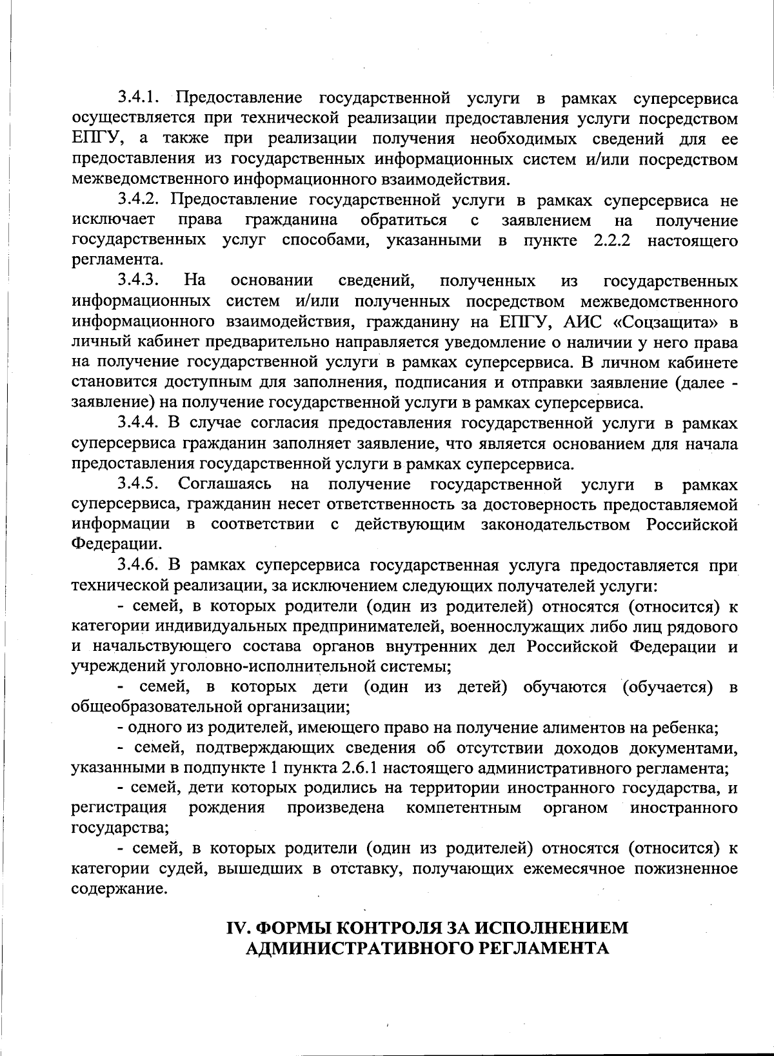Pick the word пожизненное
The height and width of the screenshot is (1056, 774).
pyautogui.click(x=686, y=868)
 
